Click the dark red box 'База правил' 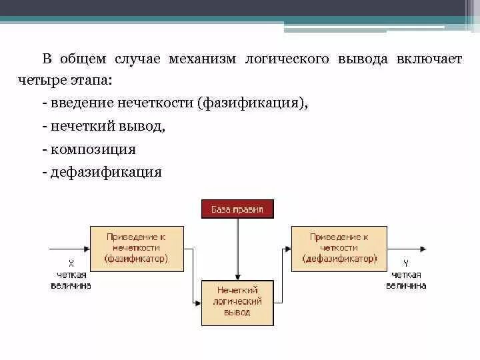237,209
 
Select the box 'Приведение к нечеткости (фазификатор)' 137,248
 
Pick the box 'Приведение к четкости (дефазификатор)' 339,248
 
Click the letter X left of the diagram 71,263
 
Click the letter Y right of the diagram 406,263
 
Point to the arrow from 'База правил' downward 237,247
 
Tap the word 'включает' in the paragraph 431,59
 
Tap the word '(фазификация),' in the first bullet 253,103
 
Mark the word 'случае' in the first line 137,59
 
